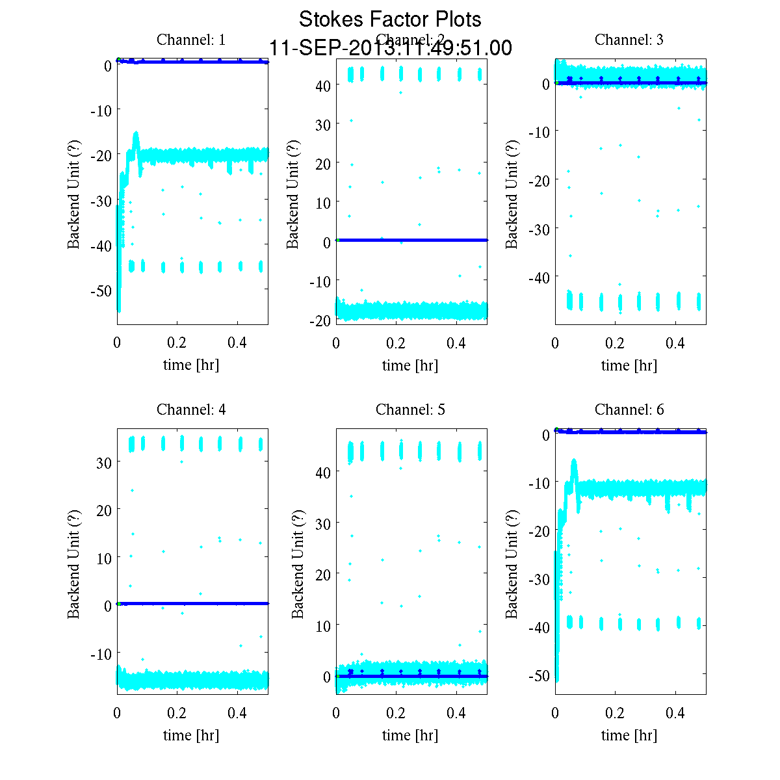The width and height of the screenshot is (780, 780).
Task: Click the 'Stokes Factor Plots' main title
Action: [390, 19]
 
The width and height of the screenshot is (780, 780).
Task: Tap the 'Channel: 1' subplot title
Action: [191, 40]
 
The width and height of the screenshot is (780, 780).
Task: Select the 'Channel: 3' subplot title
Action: [629, 40]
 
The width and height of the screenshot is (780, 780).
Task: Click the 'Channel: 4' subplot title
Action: [191, 409]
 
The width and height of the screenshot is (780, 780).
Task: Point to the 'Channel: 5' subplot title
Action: [410, 409]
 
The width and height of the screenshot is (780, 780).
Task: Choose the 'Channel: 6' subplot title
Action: [629, 409]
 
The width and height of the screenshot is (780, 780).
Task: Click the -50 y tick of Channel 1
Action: [101, 291]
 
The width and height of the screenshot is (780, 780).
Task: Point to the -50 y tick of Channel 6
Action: [538, 676]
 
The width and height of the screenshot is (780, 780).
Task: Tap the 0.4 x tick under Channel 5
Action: [456, 713]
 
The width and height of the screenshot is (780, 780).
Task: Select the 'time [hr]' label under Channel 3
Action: [629, 365]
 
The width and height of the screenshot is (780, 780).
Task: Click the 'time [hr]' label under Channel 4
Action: [191, 735]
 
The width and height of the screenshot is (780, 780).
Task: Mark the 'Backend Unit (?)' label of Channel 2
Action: [293, 194]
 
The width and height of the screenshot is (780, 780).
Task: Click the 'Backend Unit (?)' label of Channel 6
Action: [512, 564]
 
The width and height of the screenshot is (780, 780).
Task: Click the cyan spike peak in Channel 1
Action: [136, 133]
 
